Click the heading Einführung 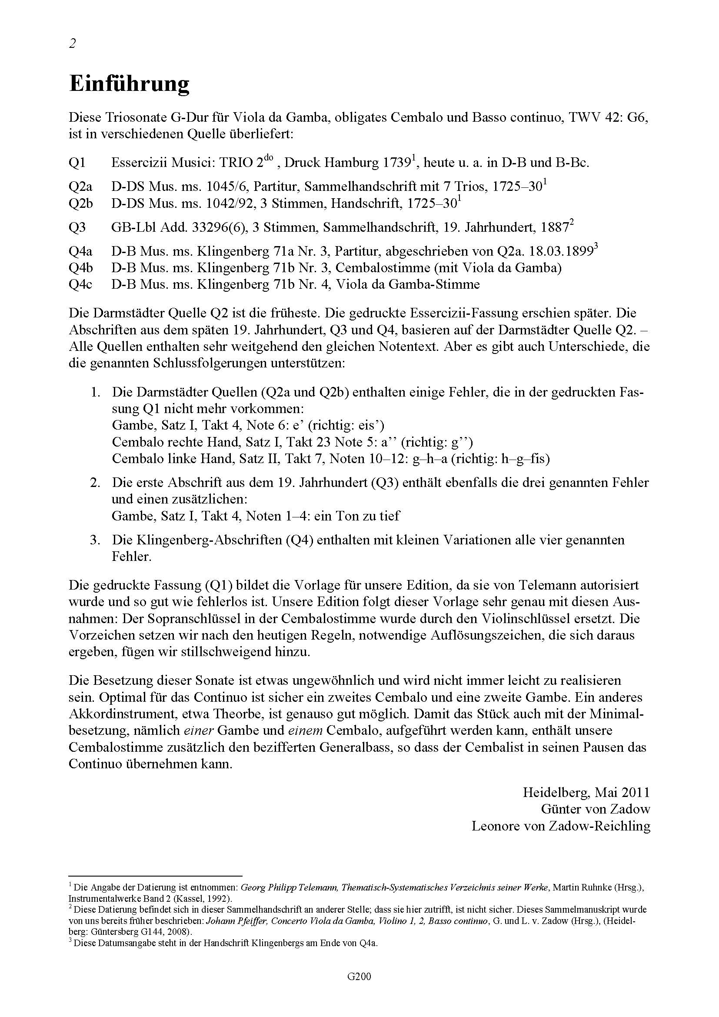pos(129,84)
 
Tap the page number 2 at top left pos(73,43)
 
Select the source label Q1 pos(77,163)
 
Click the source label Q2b pos(80,203)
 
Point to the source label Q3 pos(77,228)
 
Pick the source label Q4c pos(80,284)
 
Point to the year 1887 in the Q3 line pos(554,228)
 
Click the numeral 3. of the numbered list pos(95,540)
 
